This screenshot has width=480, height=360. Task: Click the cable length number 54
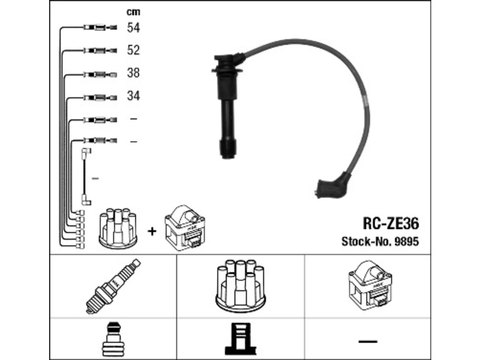(133, 28)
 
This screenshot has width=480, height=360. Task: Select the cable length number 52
(133, 50)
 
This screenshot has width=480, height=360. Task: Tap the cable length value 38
(133, 73)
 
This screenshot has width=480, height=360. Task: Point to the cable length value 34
(133, 96)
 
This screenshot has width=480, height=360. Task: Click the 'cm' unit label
(133, 12)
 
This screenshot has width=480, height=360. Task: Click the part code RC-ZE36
(391, 223)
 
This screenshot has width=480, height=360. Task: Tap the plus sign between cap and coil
(152, 231)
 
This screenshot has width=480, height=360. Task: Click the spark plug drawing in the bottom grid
(113, 286)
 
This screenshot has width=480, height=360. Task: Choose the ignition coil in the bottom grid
(370, 285)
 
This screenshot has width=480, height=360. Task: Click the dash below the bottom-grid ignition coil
(368, 341)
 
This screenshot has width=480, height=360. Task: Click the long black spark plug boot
(227, 105)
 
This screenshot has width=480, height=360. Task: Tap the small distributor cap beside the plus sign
(118, 228)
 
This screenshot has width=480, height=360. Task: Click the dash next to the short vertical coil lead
(95, 178)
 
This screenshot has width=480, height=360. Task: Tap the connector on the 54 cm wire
(100, 27)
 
